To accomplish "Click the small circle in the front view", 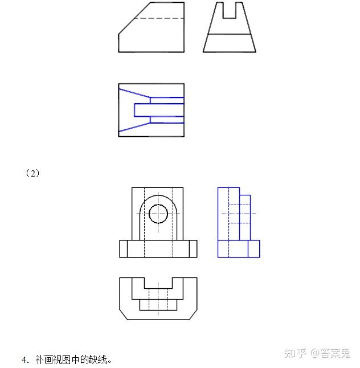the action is [158, 214].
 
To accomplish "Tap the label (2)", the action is [33, 173].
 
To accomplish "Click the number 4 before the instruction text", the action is [24, 360].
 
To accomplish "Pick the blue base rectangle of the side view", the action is [239, 248].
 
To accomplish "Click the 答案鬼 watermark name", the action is [336, 353].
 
